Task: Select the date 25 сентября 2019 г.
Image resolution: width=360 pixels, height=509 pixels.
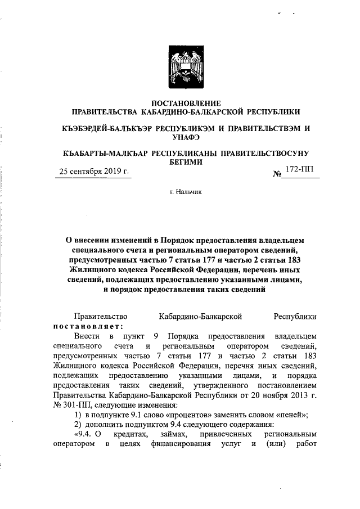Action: (x=94, y=172)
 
